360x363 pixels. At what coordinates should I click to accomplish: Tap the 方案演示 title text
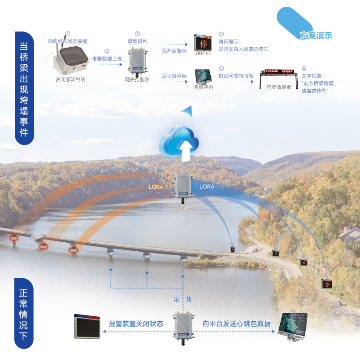click(316, 36)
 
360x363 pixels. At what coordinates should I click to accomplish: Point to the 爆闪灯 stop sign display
click(204, 43)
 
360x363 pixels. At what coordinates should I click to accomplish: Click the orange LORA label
click(156, 186)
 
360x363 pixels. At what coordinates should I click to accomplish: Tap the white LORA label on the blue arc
click(207, 186)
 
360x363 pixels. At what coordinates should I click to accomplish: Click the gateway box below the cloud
click(183, 186)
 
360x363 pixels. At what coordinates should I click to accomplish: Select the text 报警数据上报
click(107, 58)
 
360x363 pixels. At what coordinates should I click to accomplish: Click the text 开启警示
click(176, 51)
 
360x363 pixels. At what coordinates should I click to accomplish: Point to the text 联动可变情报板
click(236, 76)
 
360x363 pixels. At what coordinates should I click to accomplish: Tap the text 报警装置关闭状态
click(136, 324)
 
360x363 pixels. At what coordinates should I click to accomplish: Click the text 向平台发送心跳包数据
click(236, 324)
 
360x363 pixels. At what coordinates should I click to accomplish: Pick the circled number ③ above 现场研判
click(137, 34)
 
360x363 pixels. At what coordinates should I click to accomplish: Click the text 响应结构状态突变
click(68, 41)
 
